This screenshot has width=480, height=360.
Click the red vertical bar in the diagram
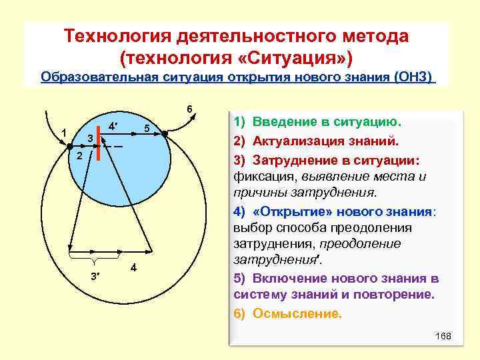[97, 146]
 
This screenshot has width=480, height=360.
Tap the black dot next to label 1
[69, 146]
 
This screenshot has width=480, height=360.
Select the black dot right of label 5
[165, 133]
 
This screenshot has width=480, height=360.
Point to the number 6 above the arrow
[189, 109]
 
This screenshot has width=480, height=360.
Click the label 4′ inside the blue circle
[113, 125]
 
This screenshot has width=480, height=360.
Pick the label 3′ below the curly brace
[95, 277]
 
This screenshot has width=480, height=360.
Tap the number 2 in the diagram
[78, 156]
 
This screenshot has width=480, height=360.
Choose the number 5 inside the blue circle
[149, 128]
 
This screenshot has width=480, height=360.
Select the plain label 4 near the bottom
[134, 268]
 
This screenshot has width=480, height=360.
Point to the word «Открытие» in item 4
[282, 211]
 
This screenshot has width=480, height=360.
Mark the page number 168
[443, 336]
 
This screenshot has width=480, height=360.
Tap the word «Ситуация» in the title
[295, 55]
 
